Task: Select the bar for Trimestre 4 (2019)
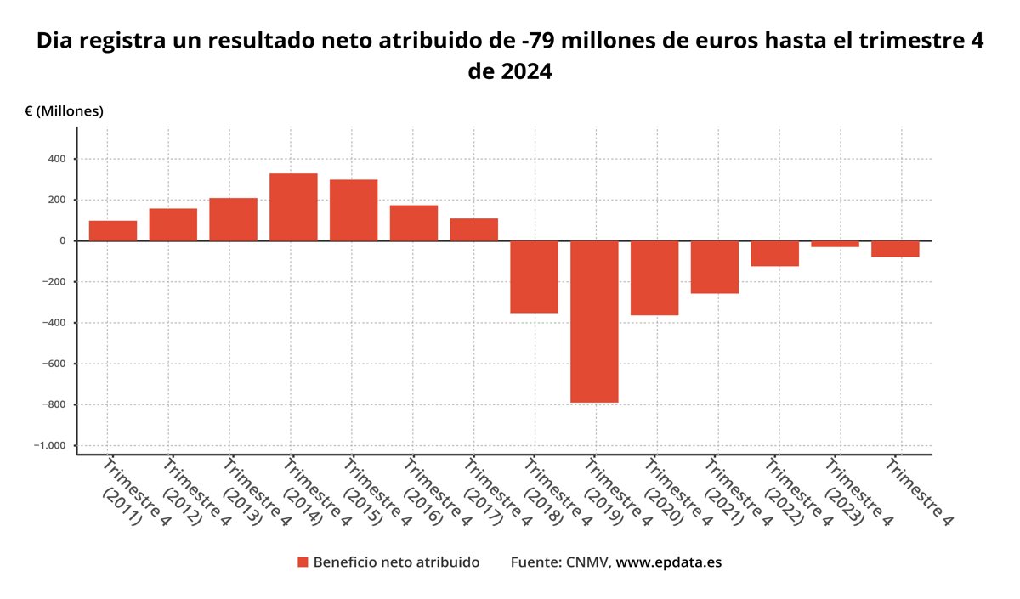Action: tap(594, 321)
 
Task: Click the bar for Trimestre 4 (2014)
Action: tap(293, 207)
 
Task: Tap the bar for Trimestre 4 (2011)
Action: tap(113, 230)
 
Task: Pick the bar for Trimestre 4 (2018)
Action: tap(534, 277)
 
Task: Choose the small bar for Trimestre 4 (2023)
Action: tap(835, 244)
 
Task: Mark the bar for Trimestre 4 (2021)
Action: tap(714, 267)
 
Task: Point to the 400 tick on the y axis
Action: tap(57, 159)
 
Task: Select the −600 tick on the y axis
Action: tap(53, 364)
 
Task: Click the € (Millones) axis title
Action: tap(65, 111)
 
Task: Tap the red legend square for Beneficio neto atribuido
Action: tap(302, 562)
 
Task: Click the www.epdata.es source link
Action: tap(668, 562)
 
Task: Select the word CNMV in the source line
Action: tap(586, 562)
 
